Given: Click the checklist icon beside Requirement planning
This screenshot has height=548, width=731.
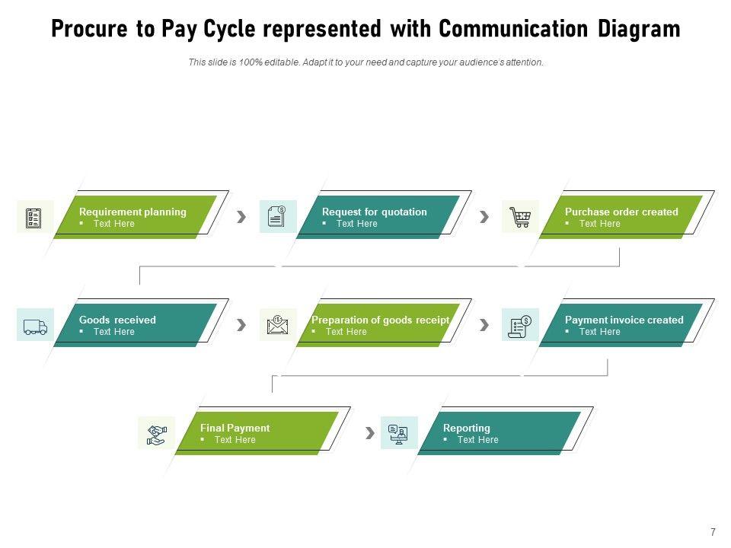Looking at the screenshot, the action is point(34,217).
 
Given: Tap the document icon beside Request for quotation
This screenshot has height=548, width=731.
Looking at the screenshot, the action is point(276,217).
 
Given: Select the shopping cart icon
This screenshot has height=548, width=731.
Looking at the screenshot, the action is point(520,217).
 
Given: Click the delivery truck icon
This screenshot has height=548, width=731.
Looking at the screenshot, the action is point(36,327).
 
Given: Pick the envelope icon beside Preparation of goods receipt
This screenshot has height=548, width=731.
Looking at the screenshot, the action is point(277,325).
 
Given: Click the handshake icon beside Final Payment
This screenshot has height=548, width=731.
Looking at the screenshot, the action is point(157,435).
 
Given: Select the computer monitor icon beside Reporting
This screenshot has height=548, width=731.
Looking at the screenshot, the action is point(398,435).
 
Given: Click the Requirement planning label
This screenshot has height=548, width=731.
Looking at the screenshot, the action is point(132,212).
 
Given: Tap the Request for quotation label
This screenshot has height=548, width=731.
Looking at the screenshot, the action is point(375,212).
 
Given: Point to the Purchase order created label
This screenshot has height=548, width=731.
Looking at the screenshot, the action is point(621,212).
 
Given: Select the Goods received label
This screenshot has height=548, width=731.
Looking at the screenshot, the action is point(117,320).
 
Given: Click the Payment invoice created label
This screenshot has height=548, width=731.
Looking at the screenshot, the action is point(624,320).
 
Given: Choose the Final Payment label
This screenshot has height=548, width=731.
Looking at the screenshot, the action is point(235,429).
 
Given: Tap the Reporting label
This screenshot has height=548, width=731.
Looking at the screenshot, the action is point(467,429).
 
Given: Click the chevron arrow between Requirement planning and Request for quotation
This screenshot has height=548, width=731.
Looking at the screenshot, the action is point(241,217).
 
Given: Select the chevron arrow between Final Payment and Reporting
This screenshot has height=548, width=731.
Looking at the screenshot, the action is point(370,433).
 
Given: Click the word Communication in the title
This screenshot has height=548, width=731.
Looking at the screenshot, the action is point(513,28).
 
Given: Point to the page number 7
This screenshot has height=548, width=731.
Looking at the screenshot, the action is point(713,532).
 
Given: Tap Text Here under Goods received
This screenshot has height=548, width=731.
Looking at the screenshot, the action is point(113,332).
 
